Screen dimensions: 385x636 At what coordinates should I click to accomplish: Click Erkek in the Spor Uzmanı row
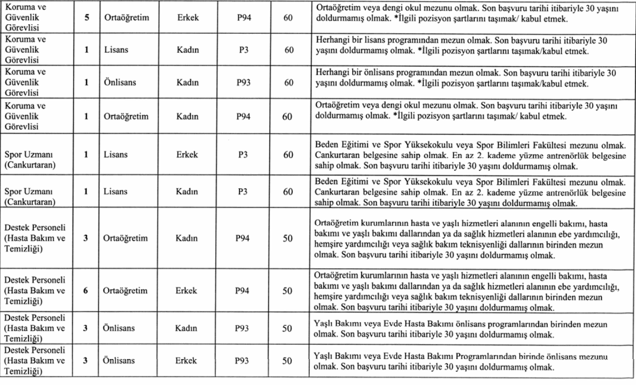(187, 154)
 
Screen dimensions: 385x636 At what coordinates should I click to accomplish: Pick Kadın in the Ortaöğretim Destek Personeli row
(187, 239)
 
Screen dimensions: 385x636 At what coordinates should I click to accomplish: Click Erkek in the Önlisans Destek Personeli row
(187, 361)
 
